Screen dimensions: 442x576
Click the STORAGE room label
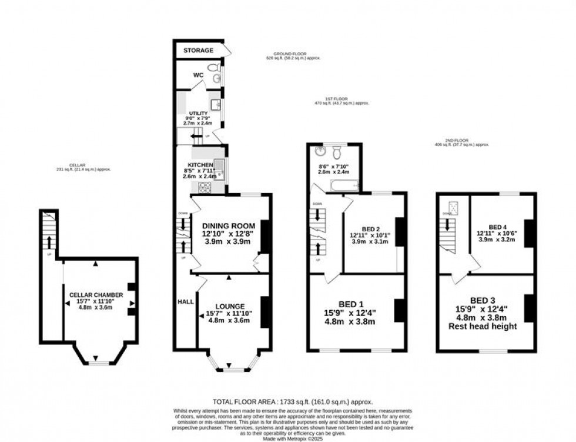click(198, 51)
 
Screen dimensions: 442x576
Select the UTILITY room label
click(197, 113)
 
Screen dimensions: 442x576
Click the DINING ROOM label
click(229, 226)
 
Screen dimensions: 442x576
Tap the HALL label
click(186, 301)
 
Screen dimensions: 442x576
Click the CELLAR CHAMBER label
click(96, 295)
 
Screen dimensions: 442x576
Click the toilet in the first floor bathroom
click(336, 153)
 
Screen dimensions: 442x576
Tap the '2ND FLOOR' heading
click(461, 141)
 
